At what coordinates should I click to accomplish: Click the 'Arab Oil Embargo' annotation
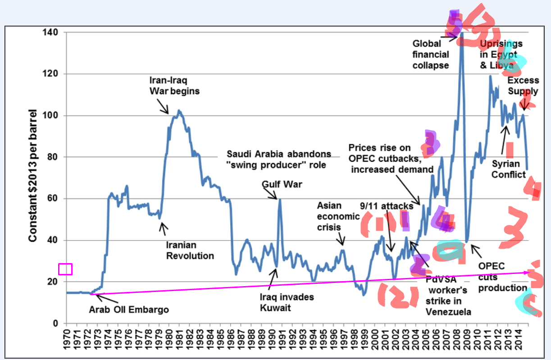pos(128,310)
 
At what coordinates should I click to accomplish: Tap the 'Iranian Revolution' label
pos(190,251)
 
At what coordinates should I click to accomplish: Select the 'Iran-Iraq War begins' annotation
pos(174,86)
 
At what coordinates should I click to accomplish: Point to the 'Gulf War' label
pos(282,184)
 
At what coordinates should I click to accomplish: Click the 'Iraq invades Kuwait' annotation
pos(287,303)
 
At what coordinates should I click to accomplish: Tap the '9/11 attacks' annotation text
pos(387,206)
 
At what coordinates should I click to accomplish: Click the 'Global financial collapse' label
pos(431,55)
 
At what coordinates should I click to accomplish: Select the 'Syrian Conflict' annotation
pos(508,169)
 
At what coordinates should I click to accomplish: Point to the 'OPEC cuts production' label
pos(502,277)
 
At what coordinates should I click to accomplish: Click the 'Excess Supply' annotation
pos(523,86)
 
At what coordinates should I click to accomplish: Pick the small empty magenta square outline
pos(65,269)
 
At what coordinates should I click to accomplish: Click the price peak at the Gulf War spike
pos(279,199)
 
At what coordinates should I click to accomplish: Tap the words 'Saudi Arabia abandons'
pos(278,154)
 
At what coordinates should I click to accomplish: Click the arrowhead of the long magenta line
pos(529,272)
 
